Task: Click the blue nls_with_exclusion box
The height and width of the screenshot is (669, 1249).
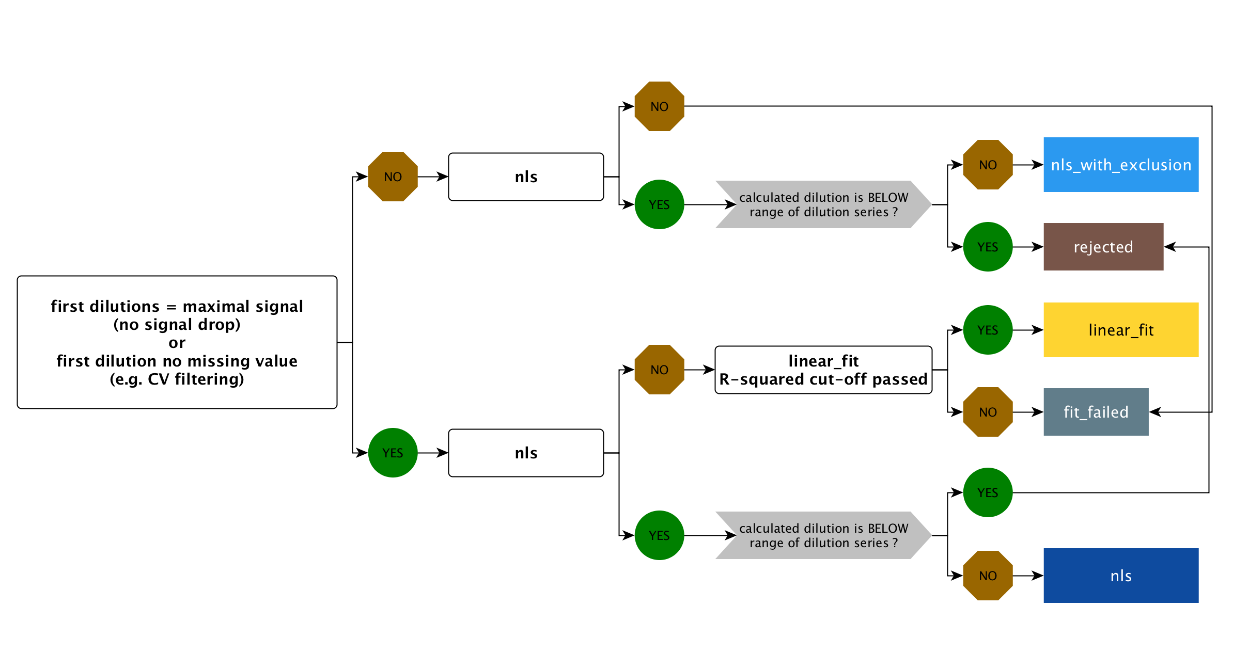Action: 1120,165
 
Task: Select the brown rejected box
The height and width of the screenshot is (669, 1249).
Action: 1103,247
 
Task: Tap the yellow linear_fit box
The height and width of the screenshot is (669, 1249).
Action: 1120,330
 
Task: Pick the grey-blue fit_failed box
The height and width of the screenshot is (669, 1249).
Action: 1096,412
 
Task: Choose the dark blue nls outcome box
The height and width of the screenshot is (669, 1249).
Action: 1120,576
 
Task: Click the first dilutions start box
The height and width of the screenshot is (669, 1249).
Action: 177,342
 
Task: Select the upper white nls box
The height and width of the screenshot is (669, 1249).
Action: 526,177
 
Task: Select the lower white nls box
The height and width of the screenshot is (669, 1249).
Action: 526,453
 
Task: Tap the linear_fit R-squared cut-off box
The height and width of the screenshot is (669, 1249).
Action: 823,370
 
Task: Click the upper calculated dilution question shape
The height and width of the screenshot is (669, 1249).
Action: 823,204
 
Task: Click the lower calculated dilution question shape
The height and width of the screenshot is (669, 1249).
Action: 823,535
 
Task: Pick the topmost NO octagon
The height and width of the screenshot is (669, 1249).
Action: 659,106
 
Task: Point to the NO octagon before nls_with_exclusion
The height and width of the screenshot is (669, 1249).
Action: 988,165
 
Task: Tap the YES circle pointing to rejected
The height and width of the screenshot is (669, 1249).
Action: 988,247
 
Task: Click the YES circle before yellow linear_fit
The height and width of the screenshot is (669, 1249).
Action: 988,330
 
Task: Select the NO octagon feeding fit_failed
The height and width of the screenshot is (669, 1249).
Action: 988,412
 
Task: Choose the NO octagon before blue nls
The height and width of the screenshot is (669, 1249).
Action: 988,576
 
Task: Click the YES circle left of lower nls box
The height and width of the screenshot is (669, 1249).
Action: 393,453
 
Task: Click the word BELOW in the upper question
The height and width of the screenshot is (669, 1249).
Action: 887,198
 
